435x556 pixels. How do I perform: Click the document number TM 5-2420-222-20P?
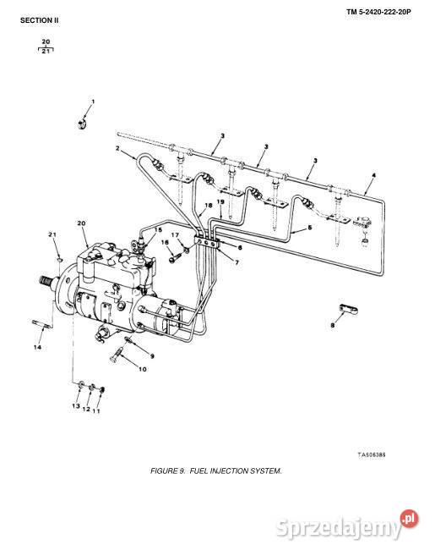click(x=378, y=12)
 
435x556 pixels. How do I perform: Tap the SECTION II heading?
click(x=40, y=20)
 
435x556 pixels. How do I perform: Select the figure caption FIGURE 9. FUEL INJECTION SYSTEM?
click(x=216, y=471)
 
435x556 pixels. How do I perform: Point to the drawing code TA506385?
click(x=372, y=454)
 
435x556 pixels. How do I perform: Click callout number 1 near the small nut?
click(x=93, y=102)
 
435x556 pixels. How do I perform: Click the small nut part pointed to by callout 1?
click(x=82, y=124)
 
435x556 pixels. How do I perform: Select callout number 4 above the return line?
click(x=374, y=175)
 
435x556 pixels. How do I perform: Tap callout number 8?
click(x=332, y=325)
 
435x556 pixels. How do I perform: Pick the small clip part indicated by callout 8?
click(x=349, y=309)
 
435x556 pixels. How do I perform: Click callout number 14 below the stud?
click(x=37, y=347)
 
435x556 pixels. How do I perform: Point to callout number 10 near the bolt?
click(x=142, y=369)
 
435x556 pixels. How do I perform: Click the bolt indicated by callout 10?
click(x=117, y=355)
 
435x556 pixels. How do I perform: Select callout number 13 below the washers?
click(x=76, y=405)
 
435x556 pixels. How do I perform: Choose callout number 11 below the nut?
click(x=96, y=410)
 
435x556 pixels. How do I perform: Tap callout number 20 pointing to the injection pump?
click(x=81, y=223)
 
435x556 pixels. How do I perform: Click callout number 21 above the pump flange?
click(x=52, y=234)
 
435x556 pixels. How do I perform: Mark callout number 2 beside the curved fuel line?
click(x=117, y=148)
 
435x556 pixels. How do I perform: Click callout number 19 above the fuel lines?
click(x=220, y=201)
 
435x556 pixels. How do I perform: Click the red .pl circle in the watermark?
click(x=410, y=519)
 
